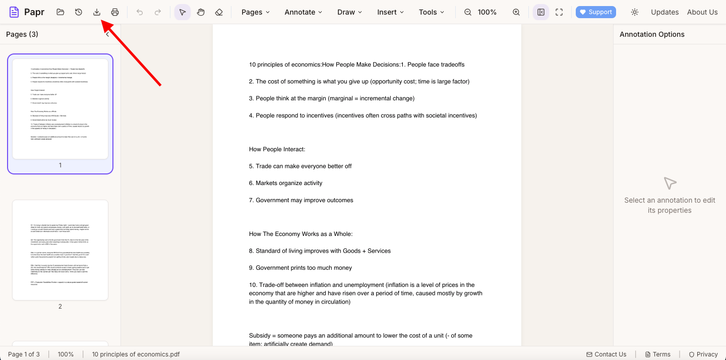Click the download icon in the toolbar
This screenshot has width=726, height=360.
pyautogui.click(x=97, y=12)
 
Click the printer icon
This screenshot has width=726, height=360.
pyautogui.click(x=115, y=12)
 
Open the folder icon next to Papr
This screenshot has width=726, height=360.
pyautogui.click(x=60, y=12)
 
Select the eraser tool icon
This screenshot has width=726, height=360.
pyautogui.click(x=219, y=12)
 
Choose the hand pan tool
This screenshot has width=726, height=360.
pyautogui.click(x=201, y=12)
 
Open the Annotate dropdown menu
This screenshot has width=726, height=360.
pyautogui.click(x=303, y=12)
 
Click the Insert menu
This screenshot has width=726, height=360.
pyautogui.click(x=390, y=12)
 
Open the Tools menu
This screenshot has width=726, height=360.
pyautogui.click(x=432, y=12)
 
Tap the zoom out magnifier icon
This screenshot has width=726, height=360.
pyautogui.click(x=468, y=12)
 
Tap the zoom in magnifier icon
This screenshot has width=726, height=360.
pyautogui.click(x=516, y=12)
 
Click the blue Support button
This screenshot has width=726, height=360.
pyautogui.click(x=595, y=12)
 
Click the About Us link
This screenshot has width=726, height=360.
pyautogui.click(x=702, y=12)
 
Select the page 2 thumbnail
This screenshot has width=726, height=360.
pyautogui.click(x=60, y=250)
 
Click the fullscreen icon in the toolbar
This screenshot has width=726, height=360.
pyautogui.click(x=559, y=12)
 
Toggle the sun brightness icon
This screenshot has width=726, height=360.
pyautogui.click(x=635, y=12)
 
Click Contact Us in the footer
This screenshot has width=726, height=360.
pyautogui.click(x=606, y=354)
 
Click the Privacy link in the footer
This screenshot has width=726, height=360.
pyautogui.click(x=703, y=354)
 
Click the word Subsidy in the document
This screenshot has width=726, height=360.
pyautogui.click(x=261, y=336)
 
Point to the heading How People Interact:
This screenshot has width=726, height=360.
pyautogui.click(x=277, y=149)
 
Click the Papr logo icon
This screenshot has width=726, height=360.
pyautogui.click(x=14, y=12)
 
